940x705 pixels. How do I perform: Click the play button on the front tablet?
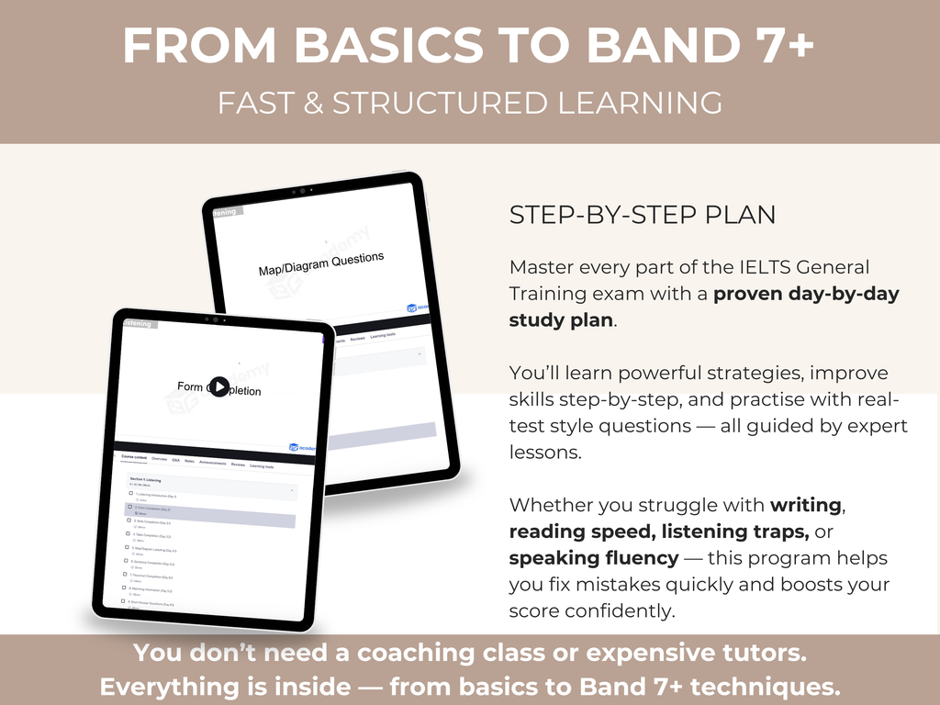coord(218,387)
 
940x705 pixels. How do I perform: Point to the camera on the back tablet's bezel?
coord(301,191)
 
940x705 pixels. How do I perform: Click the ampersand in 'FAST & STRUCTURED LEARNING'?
coord(312,103)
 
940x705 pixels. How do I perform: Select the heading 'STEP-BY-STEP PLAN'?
coord(642,215)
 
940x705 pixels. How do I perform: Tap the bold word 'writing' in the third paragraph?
coord(805,505)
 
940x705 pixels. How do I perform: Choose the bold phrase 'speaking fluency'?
coord(594,558)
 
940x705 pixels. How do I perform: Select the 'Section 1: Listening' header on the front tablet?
coord(147,480)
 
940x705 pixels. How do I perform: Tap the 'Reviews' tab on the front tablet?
coord(238,465)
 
